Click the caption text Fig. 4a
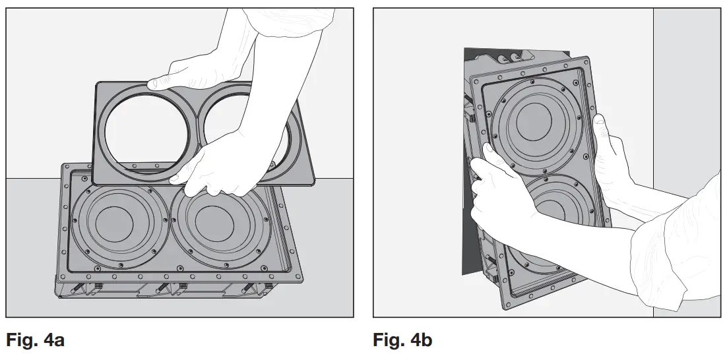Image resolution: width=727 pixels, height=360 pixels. [36, 341]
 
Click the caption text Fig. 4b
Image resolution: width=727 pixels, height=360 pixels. [402, 341]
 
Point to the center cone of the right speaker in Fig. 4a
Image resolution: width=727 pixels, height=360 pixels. [214, 227]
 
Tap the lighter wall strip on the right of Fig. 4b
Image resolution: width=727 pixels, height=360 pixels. [686, 99]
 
